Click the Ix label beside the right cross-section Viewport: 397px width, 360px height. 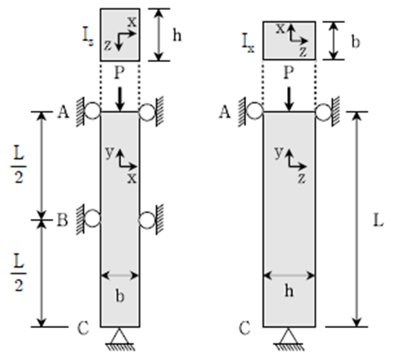pos(248,43)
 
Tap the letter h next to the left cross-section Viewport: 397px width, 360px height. pos(177,35)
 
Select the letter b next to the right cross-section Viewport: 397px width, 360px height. pos(355,42)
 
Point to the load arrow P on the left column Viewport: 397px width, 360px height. pos(120,99)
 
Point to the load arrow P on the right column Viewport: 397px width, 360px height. pos(289,99)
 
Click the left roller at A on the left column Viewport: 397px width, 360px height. pos(92,112)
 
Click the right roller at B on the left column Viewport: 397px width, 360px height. pos(147,220)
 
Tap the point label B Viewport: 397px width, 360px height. pos(62,220)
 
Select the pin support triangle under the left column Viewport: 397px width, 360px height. pos(119,337)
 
